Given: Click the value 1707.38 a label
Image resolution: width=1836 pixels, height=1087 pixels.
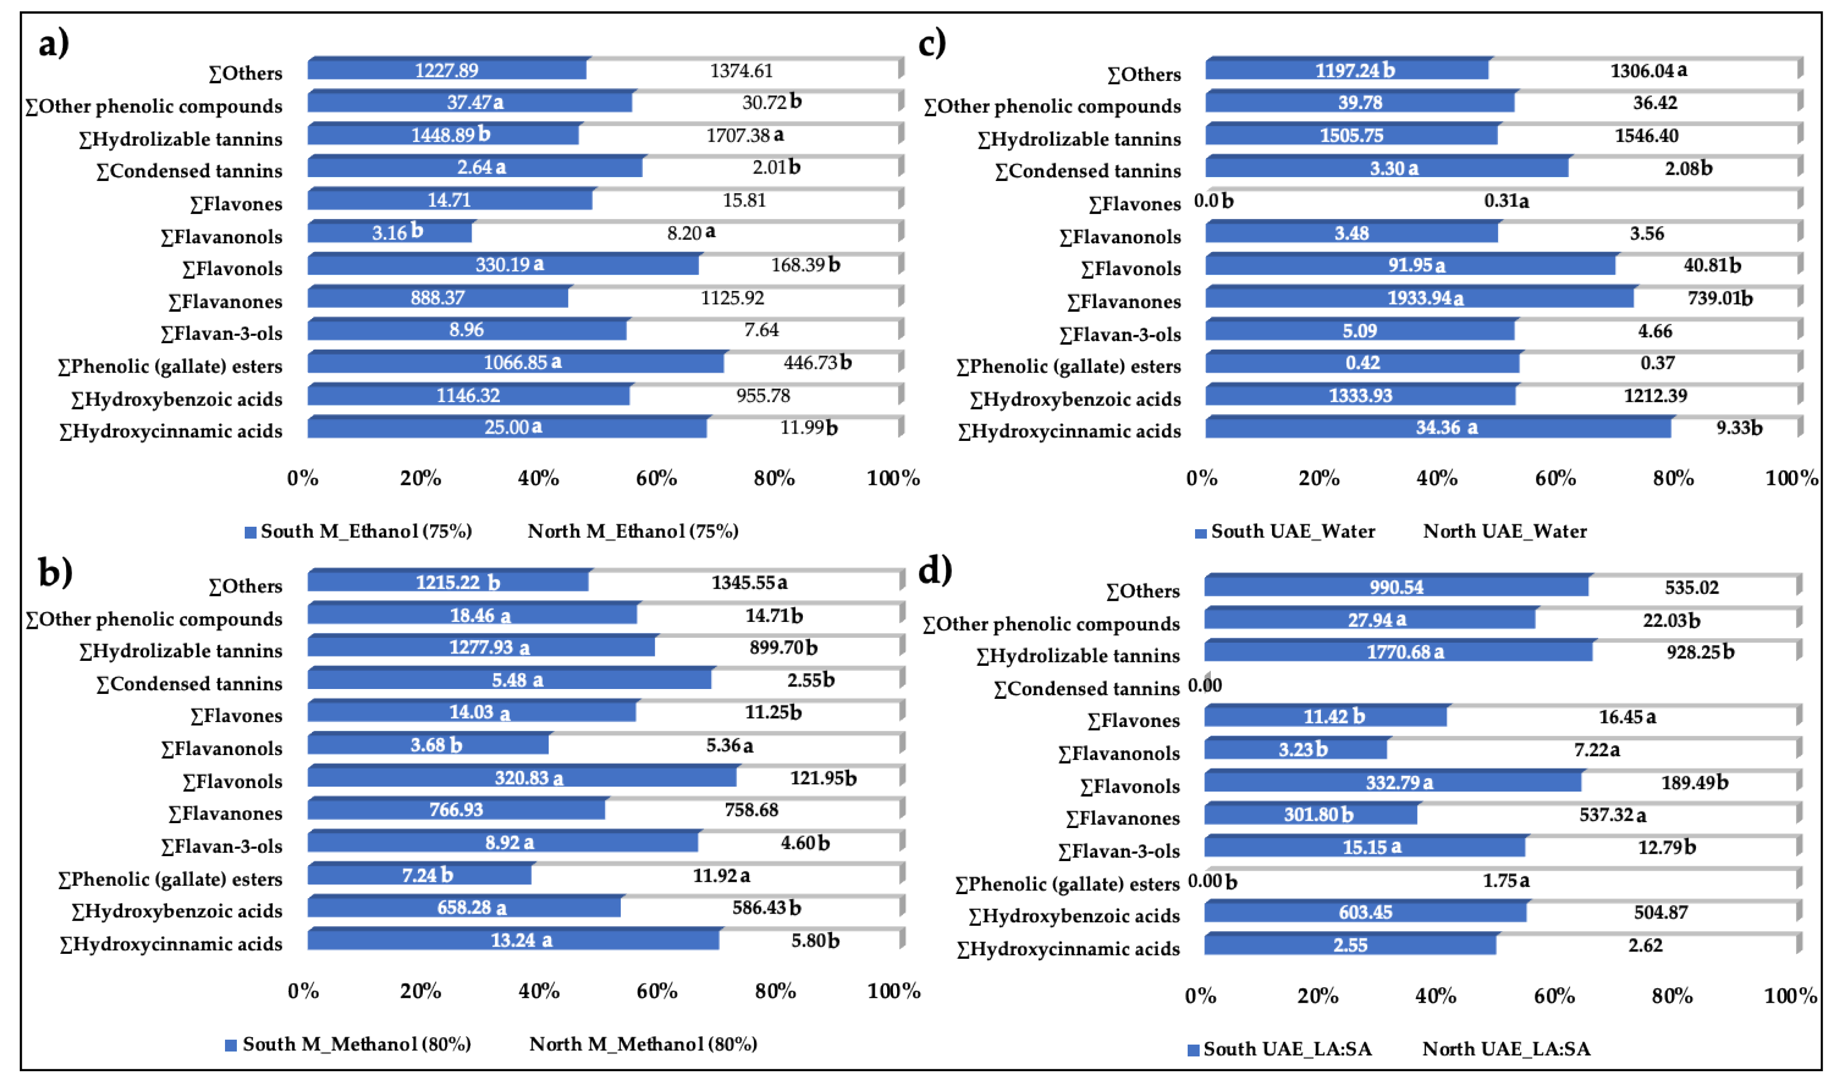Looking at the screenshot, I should tap(745, 135).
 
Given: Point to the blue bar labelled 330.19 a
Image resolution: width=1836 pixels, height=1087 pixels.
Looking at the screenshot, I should tap(503, 264).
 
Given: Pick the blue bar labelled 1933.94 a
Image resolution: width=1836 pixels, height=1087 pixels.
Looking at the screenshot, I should tap(1419, 298).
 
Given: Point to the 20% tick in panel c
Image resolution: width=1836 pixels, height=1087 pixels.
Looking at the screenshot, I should tap(1319, 478).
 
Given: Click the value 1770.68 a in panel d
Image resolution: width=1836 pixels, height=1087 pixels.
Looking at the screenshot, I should tap(1404, 652).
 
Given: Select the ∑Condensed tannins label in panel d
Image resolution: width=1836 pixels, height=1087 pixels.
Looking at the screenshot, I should tap(1086, 688).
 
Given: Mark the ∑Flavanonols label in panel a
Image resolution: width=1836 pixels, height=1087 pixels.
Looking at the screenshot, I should tap(221, 237).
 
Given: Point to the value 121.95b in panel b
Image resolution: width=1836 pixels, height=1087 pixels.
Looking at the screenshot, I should tap(823, 778).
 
